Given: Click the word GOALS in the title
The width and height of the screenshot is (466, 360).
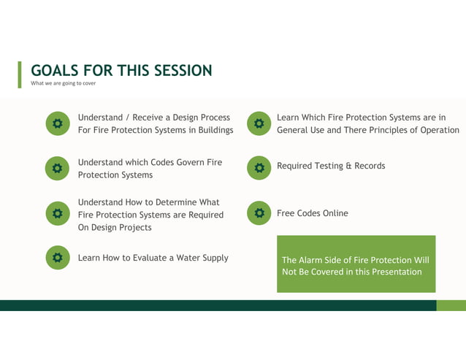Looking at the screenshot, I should tap(55, 71).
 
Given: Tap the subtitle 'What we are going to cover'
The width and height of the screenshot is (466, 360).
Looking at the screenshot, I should tap(63, 83).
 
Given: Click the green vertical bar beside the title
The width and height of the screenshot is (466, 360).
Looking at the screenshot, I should tap(20, 74).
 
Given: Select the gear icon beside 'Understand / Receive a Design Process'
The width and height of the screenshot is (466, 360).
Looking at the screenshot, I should tap(58, 124).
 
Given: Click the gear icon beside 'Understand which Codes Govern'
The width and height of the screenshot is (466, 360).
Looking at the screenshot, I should tap(58, 169).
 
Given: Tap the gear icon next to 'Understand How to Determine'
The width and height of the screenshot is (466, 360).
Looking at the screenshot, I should tap(58, 214).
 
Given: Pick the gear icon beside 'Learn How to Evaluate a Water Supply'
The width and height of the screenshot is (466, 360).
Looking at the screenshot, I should tap(58, 258).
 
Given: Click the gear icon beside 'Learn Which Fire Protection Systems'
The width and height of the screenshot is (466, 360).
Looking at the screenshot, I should tap(259, 124).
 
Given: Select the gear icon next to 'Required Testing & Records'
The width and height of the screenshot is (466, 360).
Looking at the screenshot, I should tap(259, 168).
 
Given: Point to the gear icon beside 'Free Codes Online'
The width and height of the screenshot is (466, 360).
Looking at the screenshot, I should tap(259, 213).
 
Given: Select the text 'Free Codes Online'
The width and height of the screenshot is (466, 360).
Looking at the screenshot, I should tap(312, 213).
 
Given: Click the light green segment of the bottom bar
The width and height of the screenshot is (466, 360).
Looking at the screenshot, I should tap(451, 305).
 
